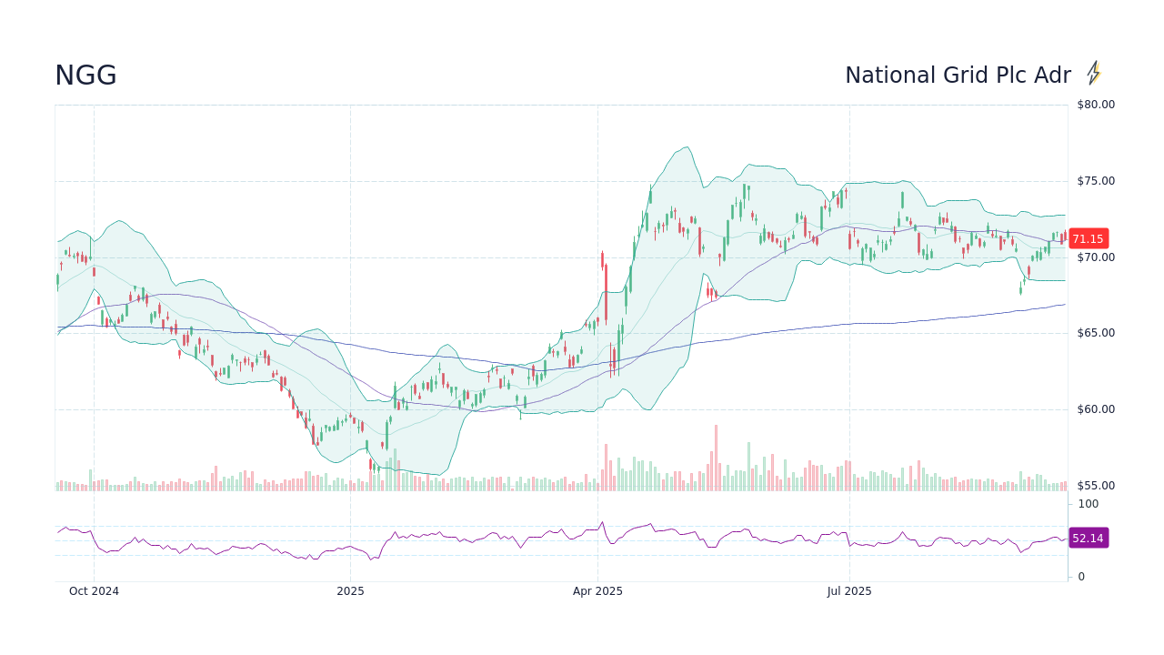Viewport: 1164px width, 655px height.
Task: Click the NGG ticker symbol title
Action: pyautogui.click(x=85, y=76)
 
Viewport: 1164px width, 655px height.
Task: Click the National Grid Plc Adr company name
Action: pyautogui.click(x=958, y=76)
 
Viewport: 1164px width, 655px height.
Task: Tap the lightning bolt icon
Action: pyautogui.click(x=1094, y=74)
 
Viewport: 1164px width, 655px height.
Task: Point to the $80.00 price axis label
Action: pyautogui.click(x=1095, y=105)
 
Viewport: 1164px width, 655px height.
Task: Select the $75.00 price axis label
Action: pyautogui.click(x=1095, y=181)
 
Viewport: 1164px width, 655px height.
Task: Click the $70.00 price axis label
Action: pyautogui.click(x=1095, y=257)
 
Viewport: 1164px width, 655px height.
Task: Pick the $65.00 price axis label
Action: pyautogui.click(x=1095, y=333)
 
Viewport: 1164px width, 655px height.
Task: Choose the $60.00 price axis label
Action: pyautogui.click(x=1095, y=409)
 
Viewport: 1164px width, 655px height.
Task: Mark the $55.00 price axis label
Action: pyautogui.click(x=1095, y=486)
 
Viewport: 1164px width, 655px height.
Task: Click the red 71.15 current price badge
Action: pyautogui.click(x=1088, y=239)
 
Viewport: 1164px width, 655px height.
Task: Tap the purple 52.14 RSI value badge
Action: pyautogui.click(x=1088, y=539)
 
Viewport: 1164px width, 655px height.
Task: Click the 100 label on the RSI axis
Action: pyautogui.click(x=1089, y=504)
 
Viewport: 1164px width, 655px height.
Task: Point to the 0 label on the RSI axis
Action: pyautogui.click(x=1081, y=577)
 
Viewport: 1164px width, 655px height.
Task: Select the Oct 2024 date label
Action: pyautogui.click(x=94, y=591)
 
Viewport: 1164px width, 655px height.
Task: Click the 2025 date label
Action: pyautogui.click(x=350, y=591)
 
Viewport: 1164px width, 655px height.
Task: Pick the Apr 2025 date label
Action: pyautogui.click(x=597, y=591)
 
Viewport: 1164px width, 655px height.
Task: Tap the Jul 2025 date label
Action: pyautogui.click(x=849, y=591)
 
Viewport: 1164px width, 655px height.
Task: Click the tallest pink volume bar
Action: pyautogui.click(x=716, y=458)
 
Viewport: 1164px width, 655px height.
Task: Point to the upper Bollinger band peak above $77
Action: pyautogui.click(x=687, y=147)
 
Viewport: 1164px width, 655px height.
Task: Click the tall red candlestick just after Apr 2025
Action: pyautogui.click(x=602, y=261)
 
